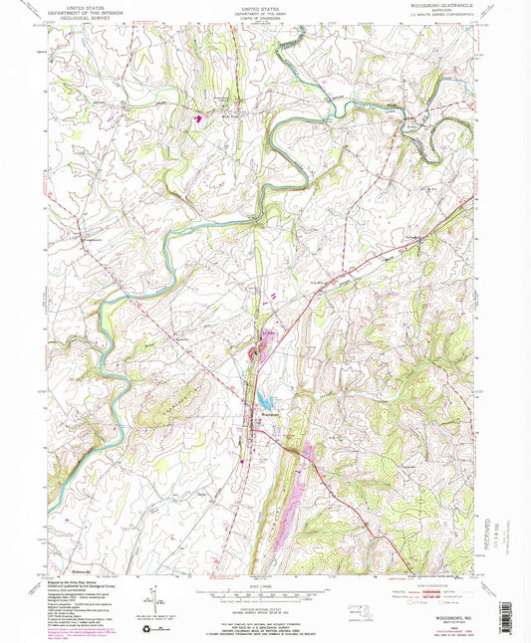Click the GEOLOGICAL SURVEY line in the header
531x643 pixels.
tap(86, 21)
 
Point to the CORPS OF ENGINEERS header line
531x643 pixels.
tap(265, 22)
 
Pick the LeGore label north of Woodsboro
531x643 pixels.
tap(269, 331)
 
